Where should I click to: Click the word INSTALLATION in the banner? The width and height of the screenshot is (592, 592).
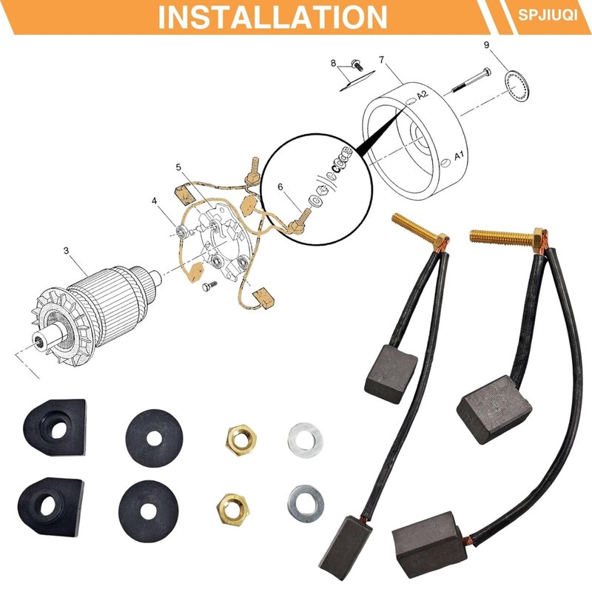click(272, 17)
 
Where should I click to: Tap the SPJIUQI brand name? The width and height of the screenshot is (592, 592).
click(548, 15)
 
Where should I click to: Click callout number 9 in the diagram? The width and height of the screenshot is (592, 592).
click(486, 45)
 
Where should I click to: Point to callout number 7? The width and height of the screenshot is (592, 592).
click(382, 60)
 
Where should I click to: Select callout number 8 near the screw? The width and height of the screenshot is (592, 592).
click(333, 63)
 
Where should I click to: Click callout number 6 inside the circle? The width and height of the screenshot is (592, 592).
click(280, 187)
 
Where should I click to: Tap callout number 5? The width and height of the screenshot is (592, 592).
click(178, 167)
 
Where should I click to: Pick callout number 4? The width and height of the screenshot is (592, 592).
click(154, 201)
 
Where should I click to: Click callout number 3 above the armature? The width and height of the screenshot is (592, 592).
click(67, 250)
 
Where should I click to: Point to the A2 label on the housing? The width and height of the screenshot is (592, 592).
click(423, 95)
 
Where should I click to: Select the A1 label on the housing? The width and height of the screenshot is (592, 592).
click(459, 155)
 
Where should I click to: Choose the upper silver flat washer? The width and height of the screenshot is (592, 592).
click(305, 440)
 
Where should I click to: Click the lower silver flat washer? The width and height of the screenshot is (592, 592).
click(306, 504)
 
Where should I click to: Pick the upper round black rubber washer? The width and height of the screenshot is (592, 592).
click(154, 438)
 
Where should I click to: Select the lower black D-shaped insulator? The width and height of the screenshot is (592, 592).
click(51, 507)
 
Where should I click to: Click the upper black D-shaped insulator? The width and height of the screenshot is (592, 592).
click(55, 428)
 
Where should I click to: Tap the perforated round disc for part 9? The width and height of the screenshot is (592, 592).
click(517, 87)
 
